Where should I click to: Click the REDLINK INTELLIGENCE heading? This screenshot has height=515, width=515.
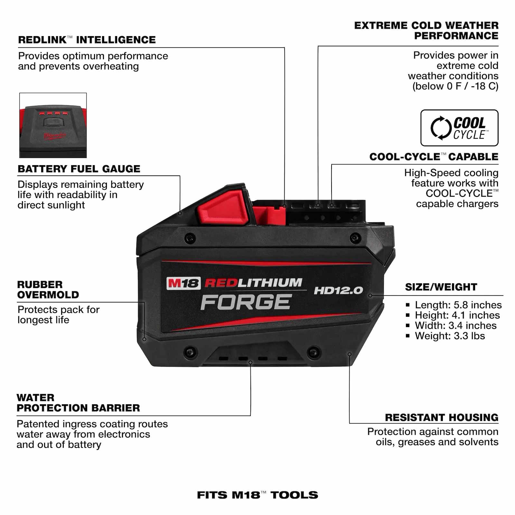tap(87, 40)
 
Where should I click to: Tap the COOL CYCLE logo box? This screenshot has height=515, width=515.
tap(459, 128)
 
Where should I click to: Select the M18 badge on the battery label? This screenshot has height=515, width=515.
tap(183, 283)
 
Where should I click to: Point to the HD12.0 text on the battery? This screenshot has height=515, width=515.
tap(338, 290)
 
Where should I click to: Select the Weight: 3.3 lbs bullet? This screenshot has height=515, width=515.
tap(449, 336)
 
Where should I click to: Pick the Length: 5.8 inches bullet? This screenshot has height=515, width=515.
tap(458, 305)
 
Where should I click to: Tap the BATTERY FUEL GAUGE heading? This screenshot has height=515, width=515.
tap(79, 169)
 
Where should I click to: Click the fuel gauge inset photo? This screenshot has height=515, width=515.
tap(53, 125)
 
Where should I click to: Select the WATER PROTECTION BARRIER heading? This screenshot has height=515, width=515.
tap(78, 403)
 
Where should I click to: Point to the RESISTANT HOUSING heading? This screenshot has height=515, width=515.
tap(441, 417)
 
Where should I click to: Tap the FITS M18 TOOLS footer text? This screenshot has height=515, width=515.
tap(257, 495)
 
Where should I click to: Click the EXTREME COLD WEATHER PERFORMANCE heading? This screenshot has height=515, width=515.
tap(426, 31)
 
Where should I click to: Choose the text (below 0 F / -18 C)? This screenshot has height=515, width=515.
tap(455, 86)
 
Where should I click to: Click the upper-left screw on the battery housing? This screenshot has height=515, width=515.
tap(190, 239)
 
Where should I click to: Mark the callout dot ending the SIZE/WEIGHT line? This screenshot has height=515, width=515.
tap(370, 295)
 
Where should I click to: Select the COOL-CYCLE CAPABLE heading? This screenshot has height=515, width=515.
tap(434, 157)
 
